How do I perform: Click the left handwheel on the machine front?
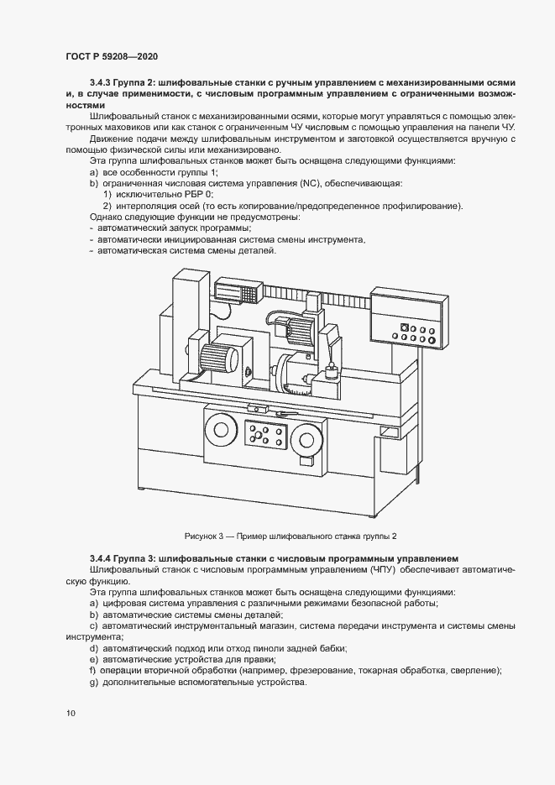click(x=223, y=432)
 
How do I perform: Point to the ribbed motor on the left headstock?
click(x=220, y=356)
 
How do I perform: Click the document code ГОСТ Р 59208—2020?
click(x=112, y=56)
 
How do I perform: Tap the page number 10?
click(x=70, y=714)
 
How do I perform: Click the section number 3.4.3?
click(x=101, y=83)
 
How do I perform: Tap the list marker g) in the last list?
click(x=92, y=682)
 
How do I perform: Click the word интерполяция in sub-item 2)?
click(x=143, y=206)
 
